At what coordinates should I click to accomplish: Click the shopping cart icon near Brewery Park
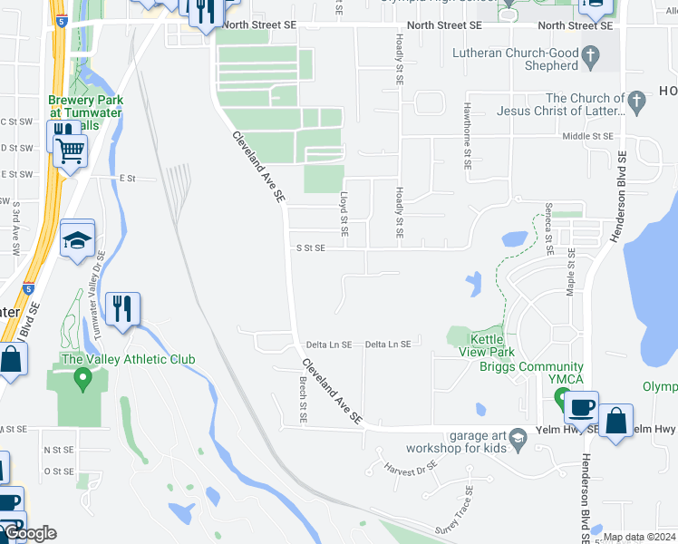click(70, 151)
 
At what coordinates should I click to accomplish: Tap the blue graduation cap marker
click(78, 239)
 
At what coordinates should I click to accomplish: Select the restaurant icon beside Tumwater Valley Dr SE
click(121, 309)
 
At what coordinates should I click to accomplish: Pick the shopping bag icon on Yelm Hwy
click(615, 421)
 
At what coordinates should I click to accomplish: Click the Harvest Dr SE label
click(411, 471)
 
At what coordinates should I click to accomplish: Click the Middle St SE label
click(587, 136)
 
